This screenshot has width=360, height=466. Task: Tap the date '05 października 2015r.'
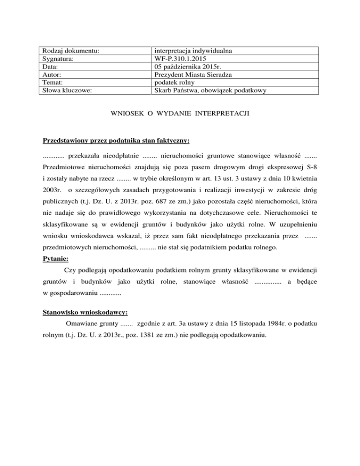click(189, 67)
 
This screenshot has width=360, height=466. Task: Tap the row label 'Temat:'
click(53, 83)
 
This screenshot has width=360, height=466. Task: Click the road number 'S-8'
click(311, 166)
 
